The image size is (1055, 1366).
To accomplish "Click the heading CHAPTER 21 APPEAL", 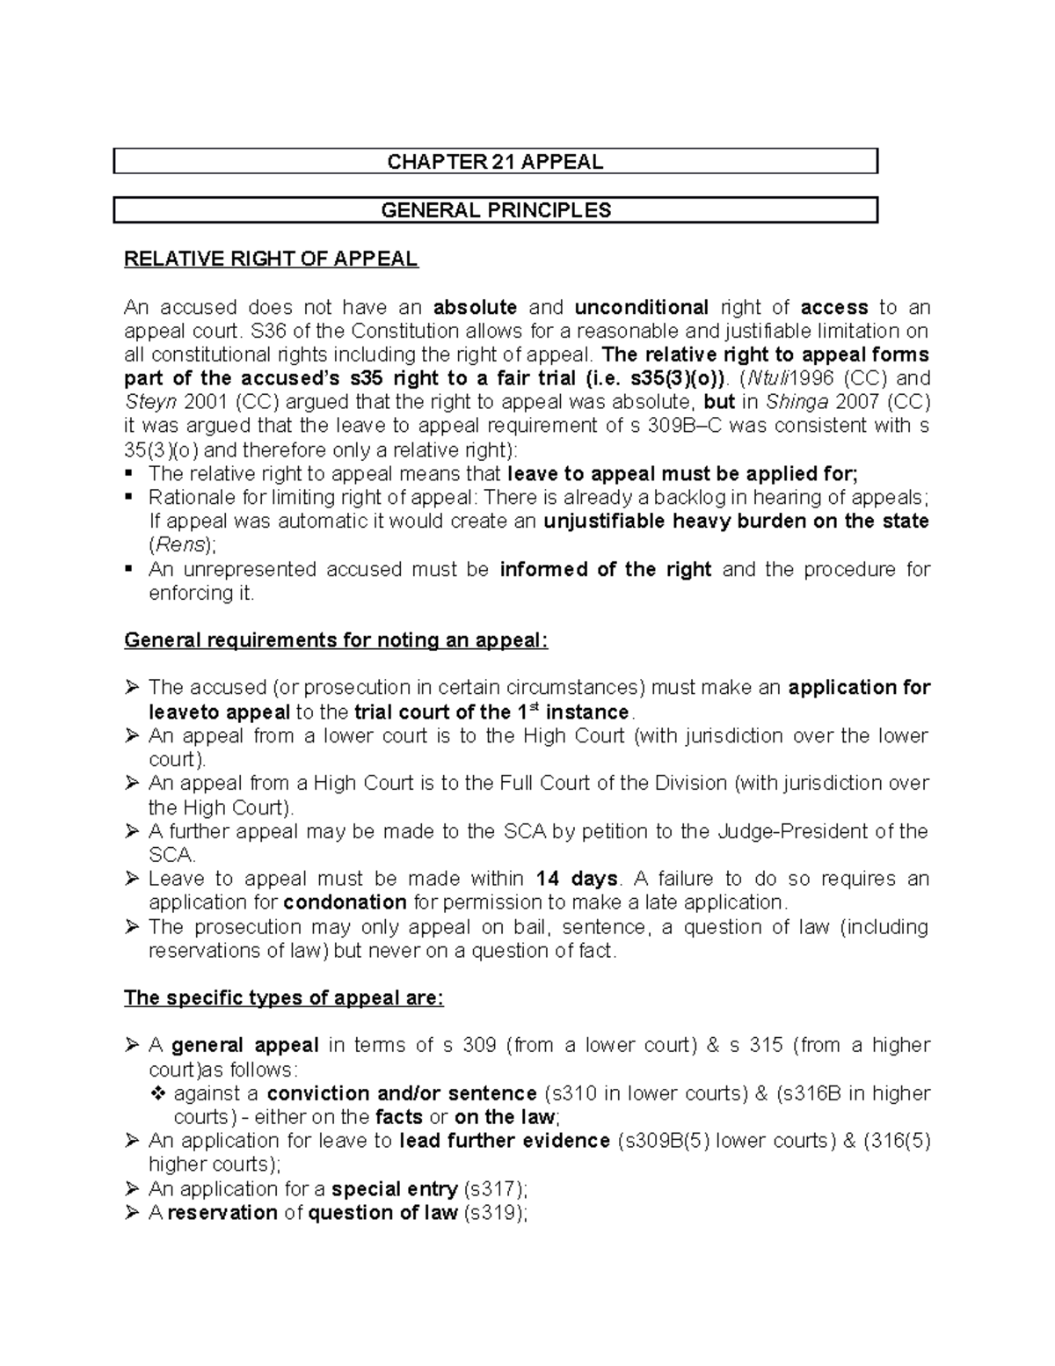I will (x=496, y=162).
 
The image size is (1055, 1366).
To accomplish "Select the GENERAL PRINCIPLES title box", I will (x=496, y=210).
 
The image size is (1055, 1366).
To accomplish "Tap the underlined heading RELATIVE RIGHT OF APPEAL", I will (x=271, y=259).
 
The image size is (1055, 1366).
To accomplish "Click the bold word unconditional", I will (x=641, y=307).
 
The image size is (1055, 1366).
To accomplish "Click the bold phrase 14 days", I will (x=577, y=879).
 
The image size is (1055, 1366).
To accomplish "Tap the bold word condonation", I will (x=346, y=902).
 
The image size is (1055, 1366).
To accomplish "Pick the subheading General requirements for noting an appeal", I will (x=336, y=640).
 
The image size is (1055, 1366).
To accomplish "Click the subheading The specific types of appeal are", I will (x=284, y=997).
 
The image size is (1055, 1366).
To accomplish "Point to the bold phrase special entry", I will (x=394, y=1189).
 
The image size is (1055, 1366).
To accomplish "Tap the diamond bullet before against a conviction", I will (x=158, y=1093).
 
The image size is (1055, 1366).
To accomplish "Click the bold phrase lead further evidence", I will (x=505, y=1141).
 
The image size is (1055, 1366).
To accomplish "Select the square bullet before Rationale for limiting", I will (x=130, y=497).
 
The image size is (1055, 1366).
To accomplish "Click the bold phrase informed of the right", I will (x=605, y=569).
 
